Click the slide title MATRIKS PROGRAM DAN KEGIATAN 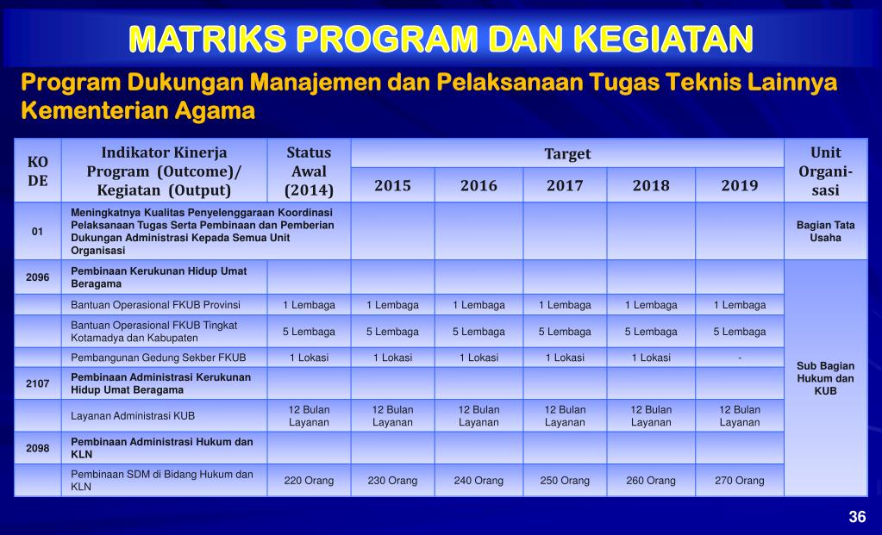click(441, 39)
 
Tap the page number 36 click(856, 517)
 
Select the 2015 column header click(392, 185)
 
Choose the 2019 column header click(739, 185)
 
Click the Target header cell click(567, 153)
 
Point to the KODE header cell click(38, 171)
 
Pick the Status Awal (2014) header click(309, 171)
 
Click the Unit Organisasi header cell click(825, 171)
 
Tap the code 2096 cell click(38, 277)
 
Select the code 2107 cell click(38, 383)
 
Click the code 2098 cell click(38, 448)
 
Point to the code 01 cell click(38, 232)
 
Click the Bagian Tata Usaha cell click(825, 232)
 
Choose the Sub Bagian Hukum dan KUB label click(825, 378)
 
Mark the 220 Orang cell click(309, 481)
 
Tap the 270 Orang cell click(739, 481)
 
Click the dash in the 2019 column click(739, 358)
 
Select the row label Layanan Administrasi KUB click(133, 416)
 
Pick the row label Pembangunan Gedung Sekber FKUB click(159, 358)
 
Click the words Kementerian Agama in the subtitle click(138, 111)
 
